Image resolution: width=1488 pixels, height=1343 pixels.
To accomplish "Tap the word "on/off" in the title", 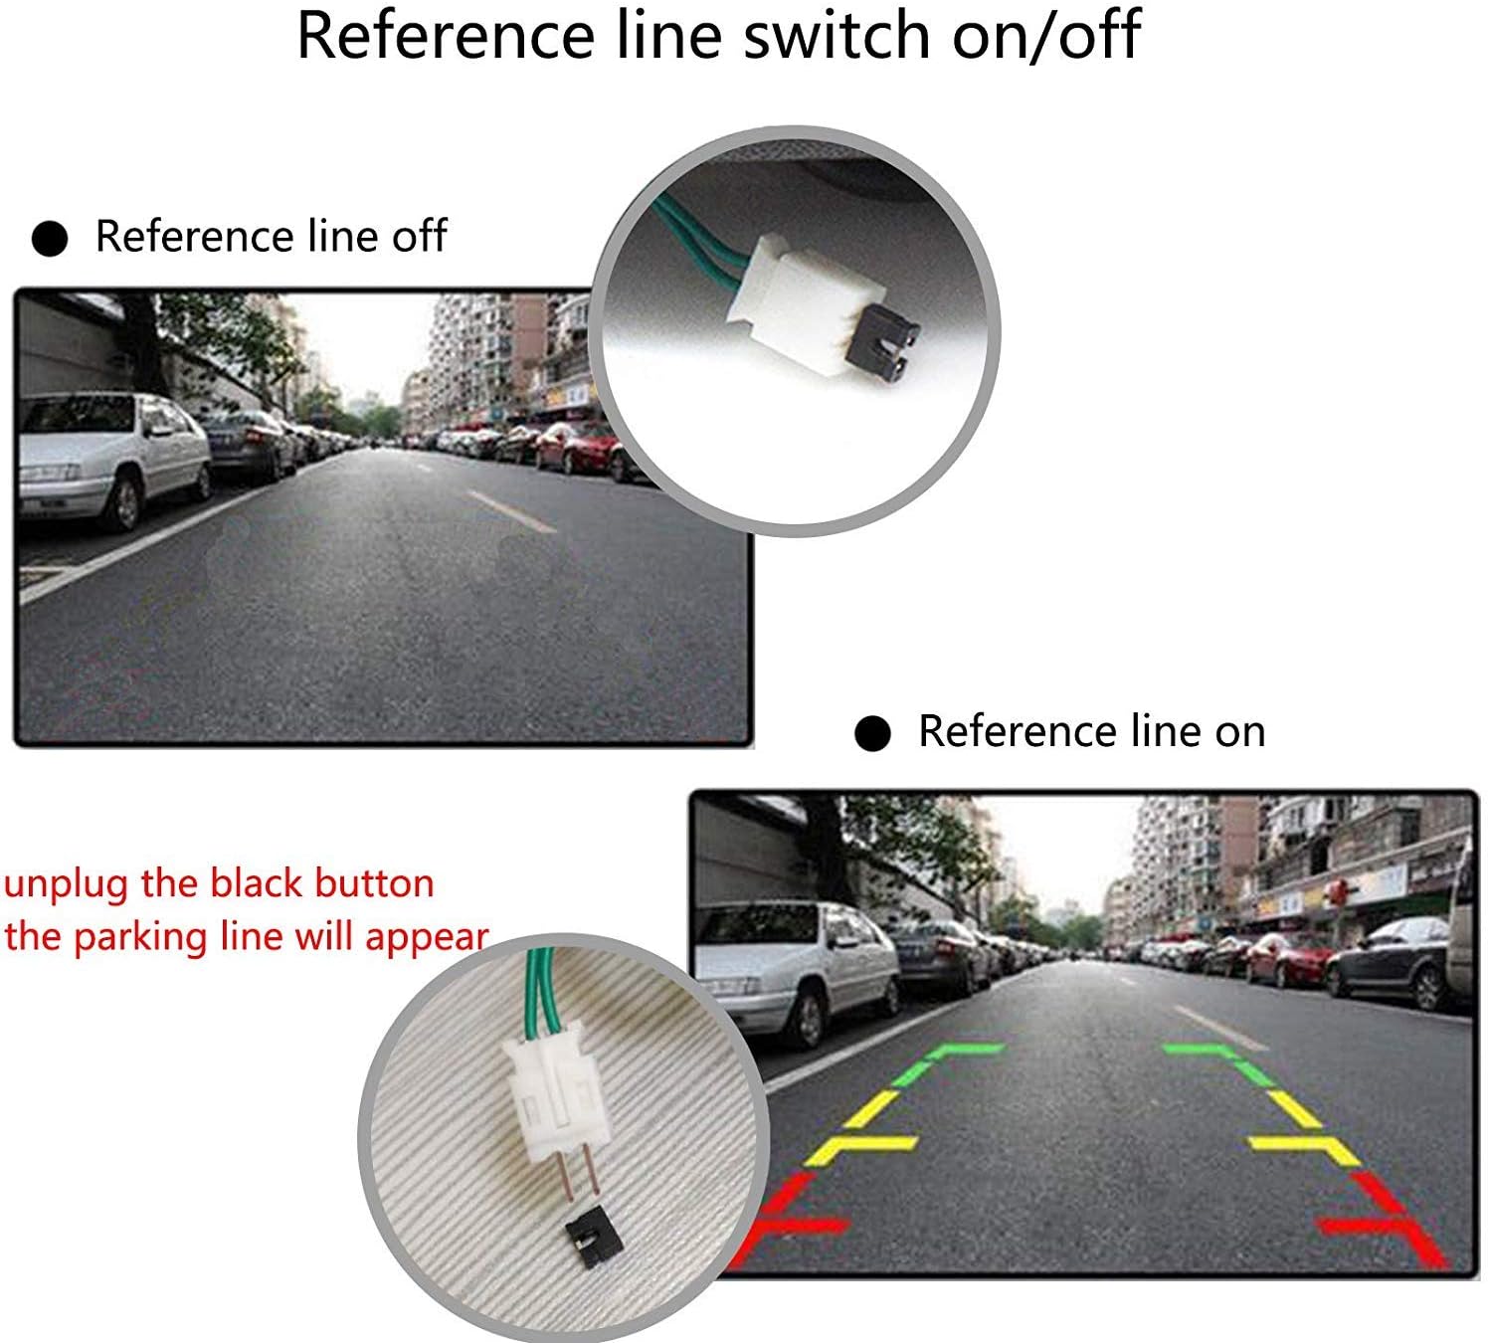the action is [x=1046, y=36].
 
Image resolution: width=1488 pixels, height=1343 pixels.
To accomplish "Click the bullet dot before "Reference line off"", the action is [x=50, y=239].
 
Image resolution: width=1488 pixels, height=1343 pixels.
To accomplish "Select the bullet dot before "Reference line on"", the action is [x=872, y=734].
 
